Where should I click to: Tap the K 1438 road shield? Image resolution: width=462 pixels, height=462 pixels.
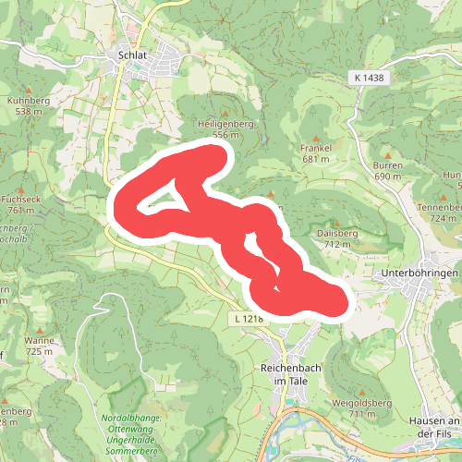(368, 79)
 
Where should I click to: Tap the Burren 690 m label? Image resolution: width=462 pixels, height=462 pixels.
(388, 170)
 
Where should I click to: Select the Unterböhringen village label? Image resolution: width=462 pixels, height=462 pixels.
(420, 274)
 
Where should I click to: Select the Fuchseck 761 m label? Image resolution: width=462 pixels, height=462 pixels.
(19, 204)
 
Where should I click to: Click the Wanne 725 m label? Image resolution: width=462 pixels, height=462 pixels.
(40, 346)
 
